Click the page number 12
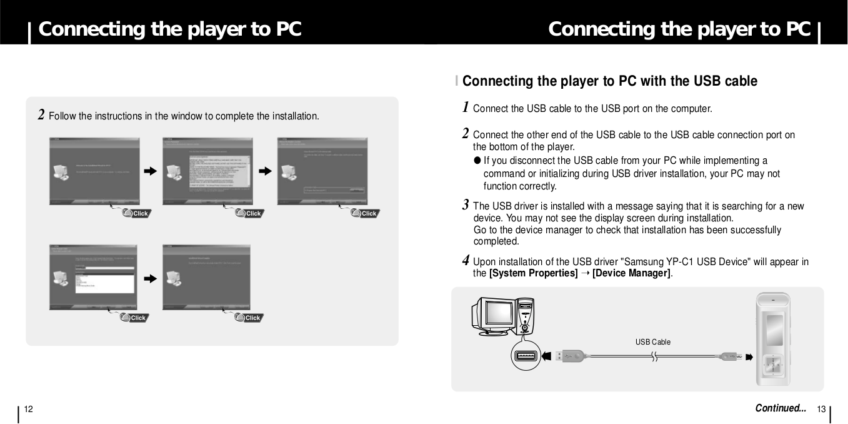(27, 409)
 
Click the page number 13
(821, 410)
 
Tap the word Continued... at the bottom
(781, 408)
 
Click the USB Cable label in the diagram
(652, 342)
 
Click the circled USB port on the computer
(526, 357)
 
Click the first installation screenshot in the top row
(95, 171)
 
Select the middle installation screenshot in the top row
(207, 171)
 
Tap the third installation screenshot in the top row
(322, 171)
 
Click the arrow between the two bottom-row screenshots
(150, 278)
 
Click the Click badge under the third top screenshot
(366, 213)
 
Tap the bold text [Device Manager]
(631, 273)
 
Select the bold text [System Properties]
(533, 273)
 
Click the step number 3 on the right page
(466, 205)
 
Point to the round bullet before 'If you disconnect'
(477, 161)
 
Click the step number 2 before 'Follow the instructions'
(41, 114)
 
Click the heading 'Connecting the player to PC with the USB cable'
(609, 81)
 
